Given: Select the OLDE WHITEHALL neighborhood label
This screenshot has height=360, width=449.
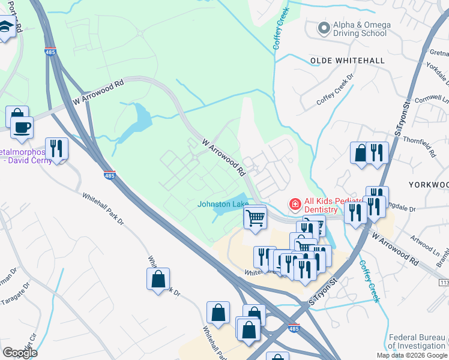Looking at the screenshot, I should (x=346, y=61).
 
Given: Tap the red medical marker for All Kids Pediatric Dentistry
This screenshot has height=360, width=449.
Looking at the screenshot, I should (x=295, y=205).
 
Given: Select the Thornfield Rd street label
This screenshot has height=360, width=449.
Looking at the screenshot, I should (x=424, y=143).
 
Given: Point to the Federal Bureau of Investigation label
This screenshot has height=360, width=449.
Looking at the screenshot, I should (x=417, y=341).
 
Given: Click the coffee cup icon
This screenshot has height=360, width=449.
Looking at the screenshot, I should (x=22, y=128).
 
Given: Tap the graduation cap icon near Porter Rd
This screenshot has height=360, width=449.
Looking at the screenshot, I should (x=5, y=27).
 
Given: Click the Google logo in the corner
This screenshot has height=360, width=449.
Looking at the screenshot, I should (x=20, y=353).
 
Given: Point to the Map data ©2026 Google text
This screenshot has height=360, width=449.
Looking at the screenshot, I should (x=412, y=355).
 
